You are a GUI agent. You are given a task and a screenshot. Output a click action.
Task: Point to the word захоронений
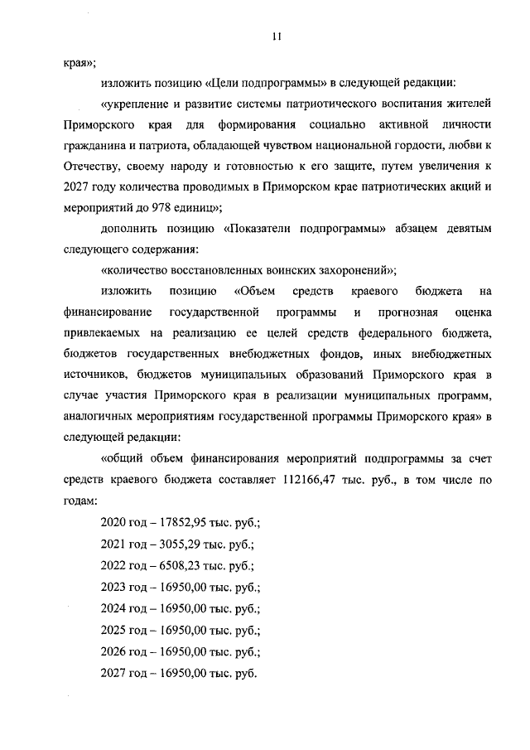tap(348, 269)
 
